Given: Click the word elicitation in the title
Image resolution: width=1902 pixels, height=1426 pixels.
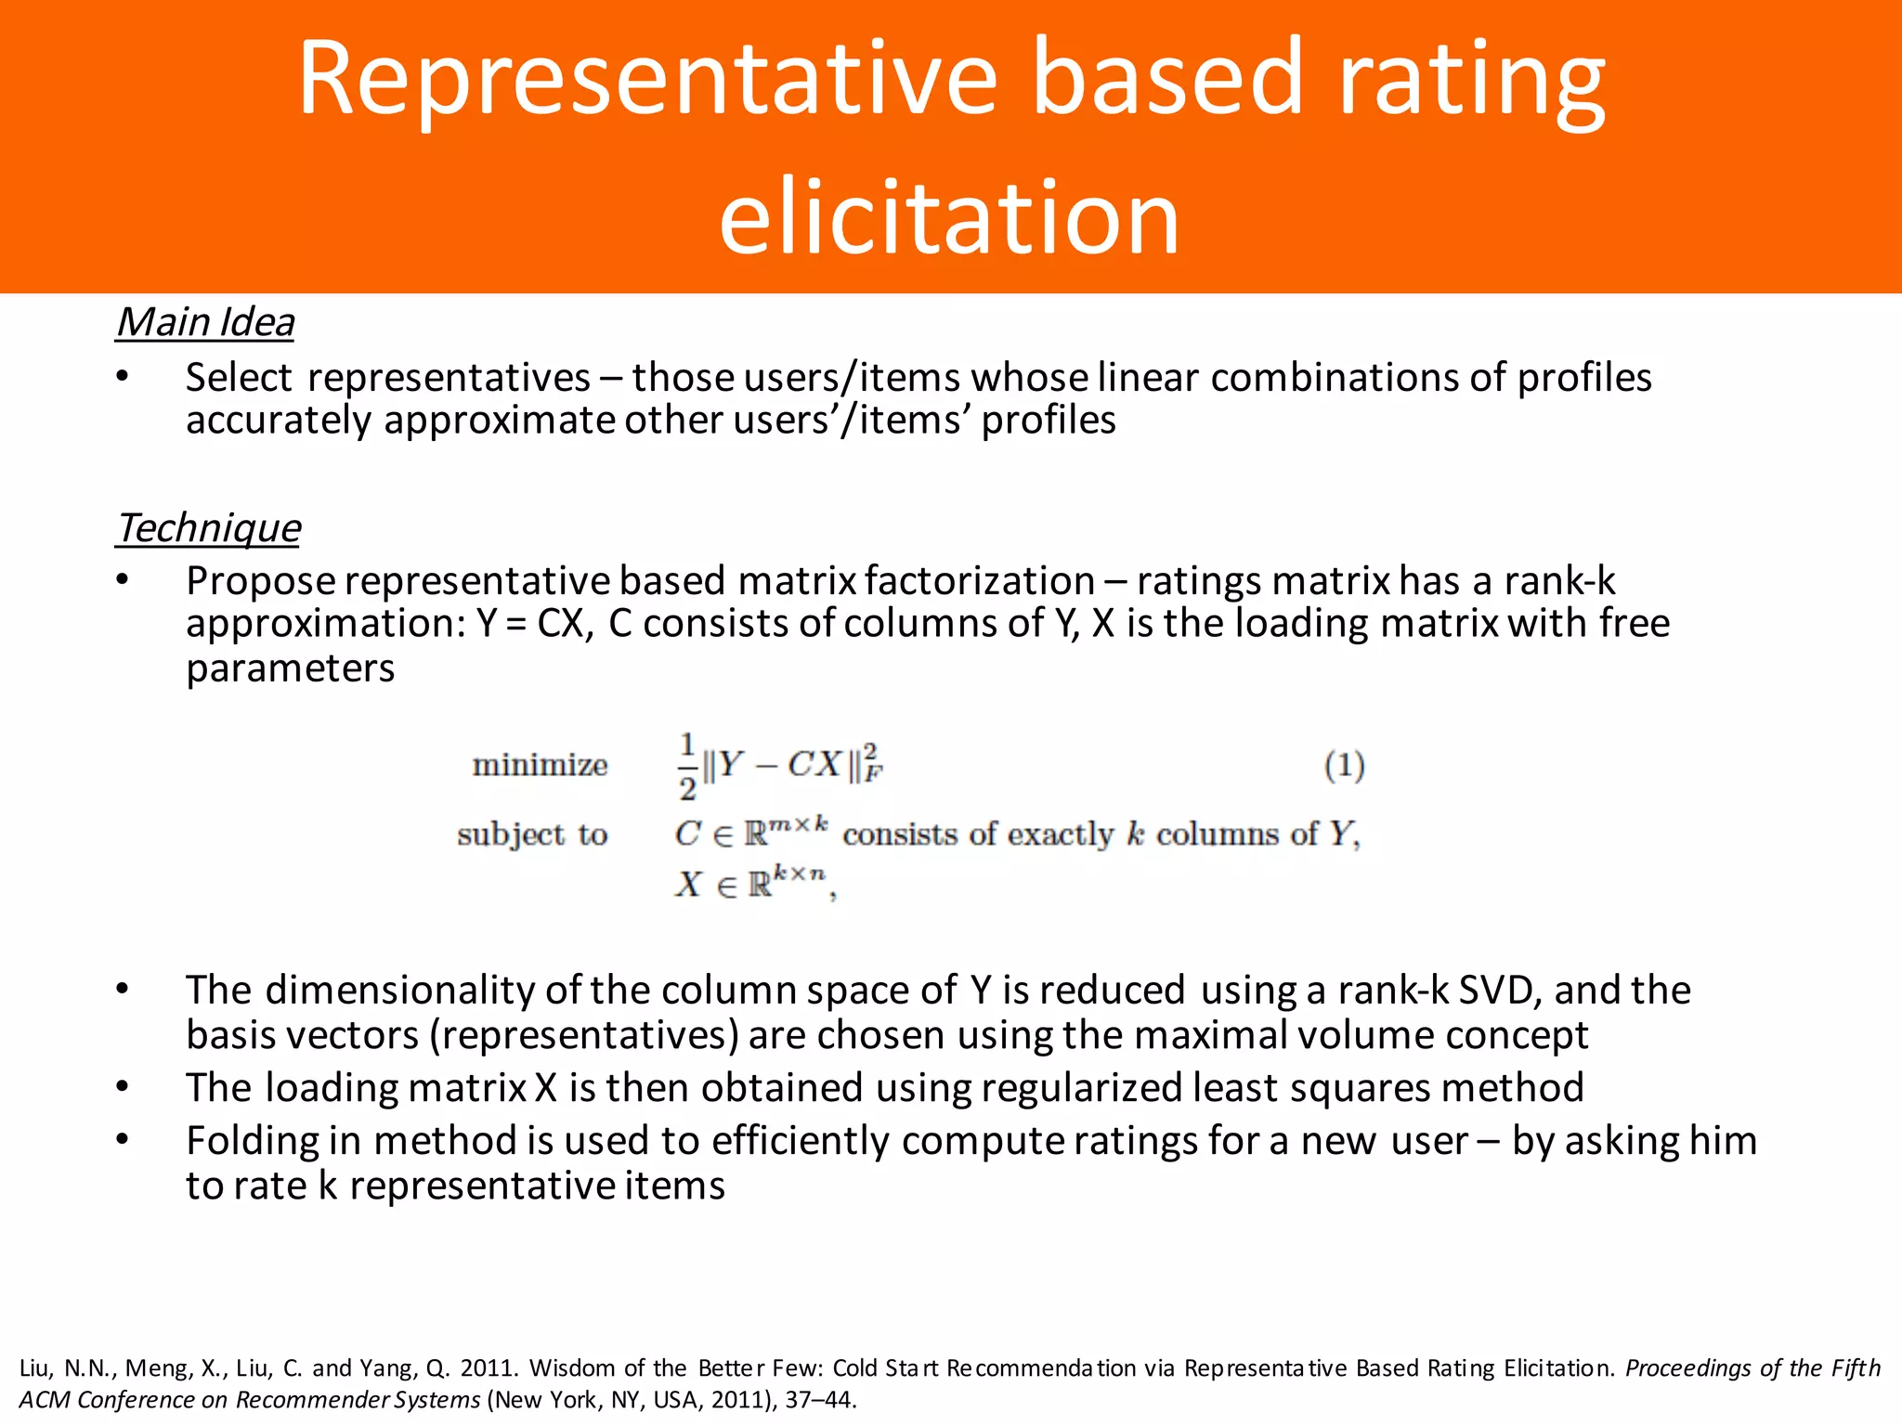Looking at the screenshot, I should click(x=949, y=217).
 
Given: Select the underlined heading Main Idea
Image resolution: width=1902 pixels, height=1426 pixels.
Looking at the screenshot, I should click(x=205, y=322).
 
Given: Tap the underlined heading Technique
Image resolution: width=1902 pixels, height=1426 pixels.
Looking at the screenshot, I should click(x=209, y=527).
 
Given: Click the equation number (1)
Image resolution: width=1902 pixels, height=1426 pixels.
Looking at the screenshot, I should click(x=1344, y=765).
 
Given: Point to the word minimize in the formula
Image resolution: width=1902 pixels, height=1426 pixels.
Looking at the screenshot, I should click(x=540, y=765).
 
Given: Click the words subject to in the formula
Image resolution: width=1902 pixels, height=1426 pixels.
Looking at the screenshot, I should click(x=532, y=834).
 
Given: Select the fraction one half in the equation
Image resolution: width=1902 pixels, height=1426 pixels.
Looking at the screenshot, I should click(x=687, y=767).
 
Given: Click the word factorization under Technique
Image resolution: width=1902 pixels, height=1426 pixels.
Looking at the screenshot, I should click(x=980, y=580).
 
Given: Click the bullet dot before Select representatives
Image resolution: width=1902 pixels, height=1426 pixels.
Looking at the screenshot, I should click(x=122, y=376).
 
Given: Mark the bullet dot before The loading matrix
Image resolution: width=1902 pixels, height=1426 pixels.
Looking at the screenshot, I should click(x=122, y=1086).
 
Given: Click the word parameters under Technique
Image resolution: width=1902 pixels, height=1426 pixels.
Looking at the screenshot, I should click(x=290, y=668).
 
